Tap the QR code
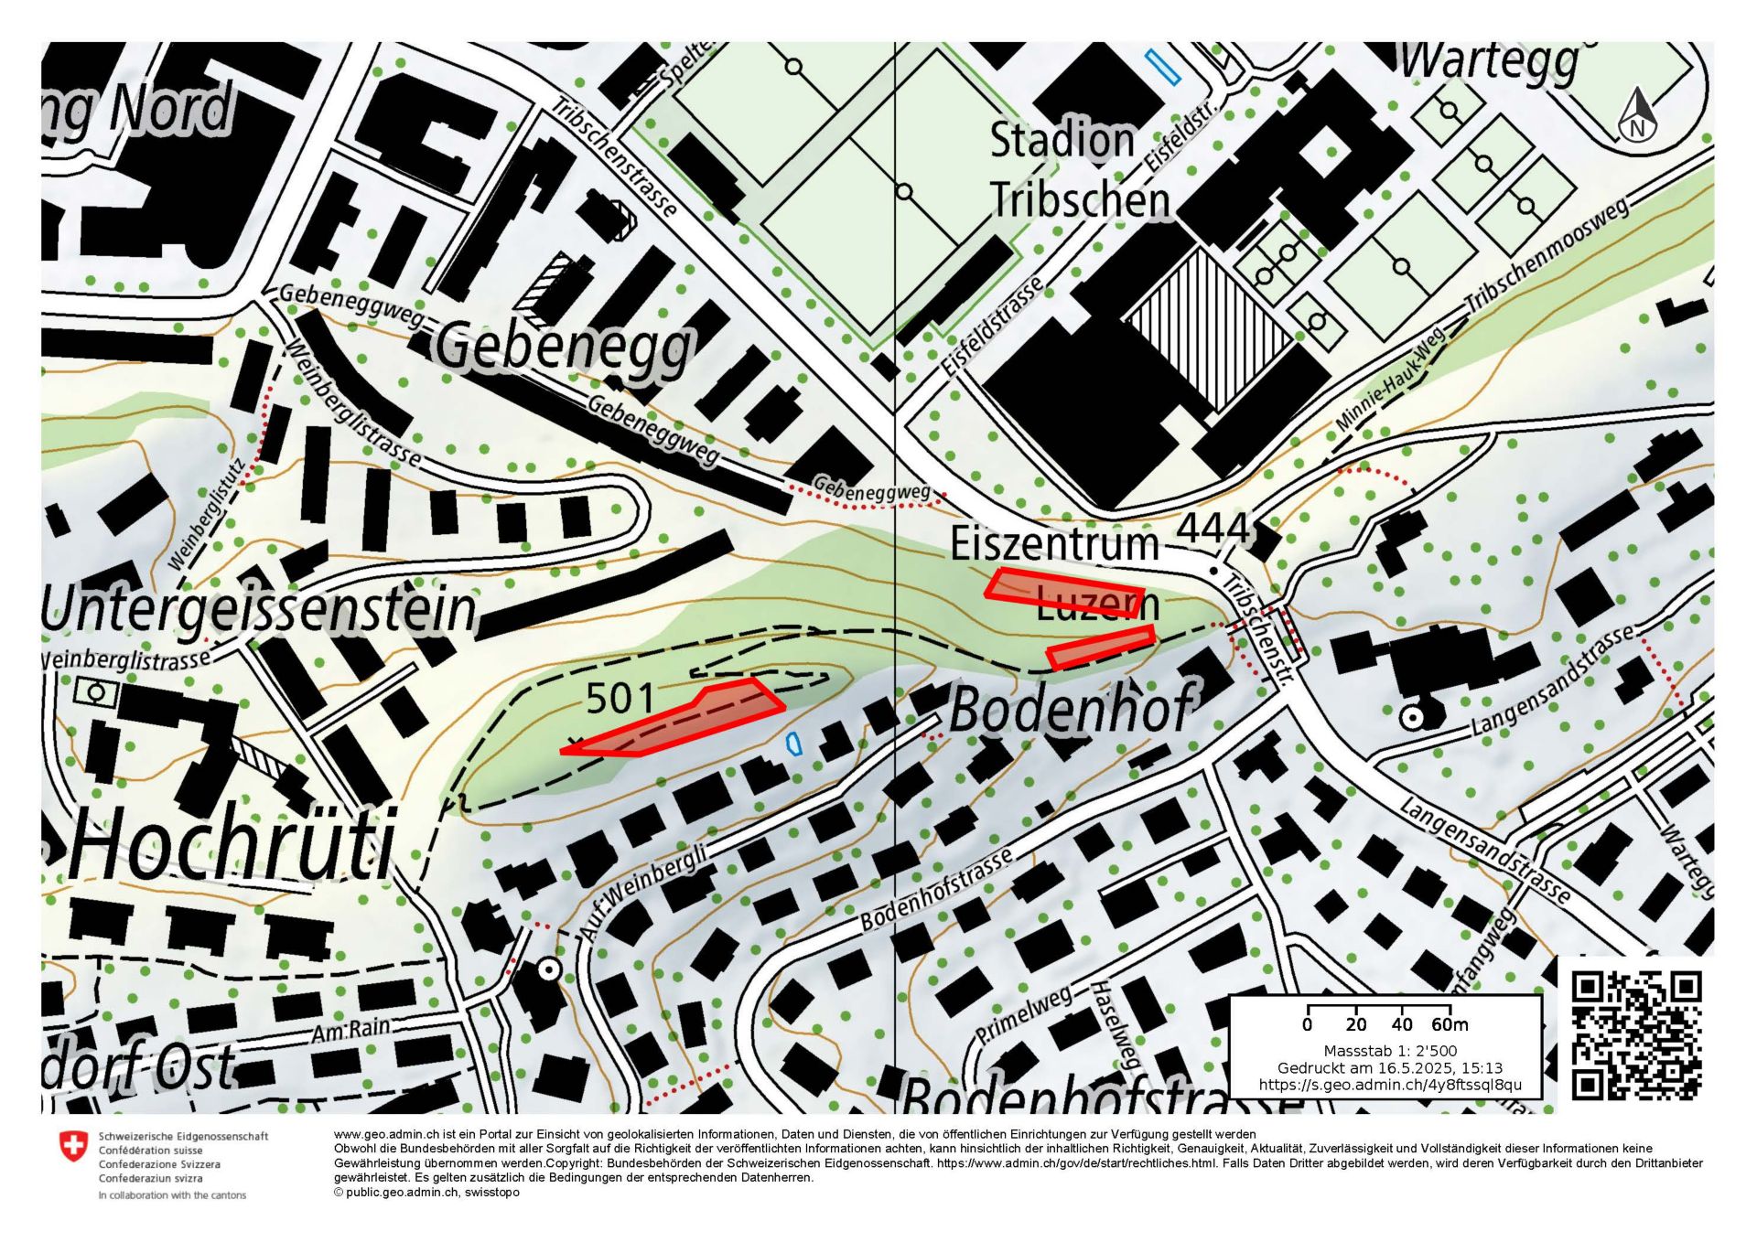[1636, 1035]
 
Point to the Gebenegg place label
[563, 348]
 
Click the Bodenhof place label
[1071, 709]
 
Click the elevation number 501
[620, 700]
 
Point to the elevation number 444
[1213, 529]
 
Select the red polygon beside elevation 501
[677, 720]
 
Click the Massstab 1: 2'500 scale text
[1390, 1051]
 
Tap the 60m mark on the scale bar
[1450, 1024]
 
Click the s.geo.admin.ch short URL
[1390, 1085]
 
